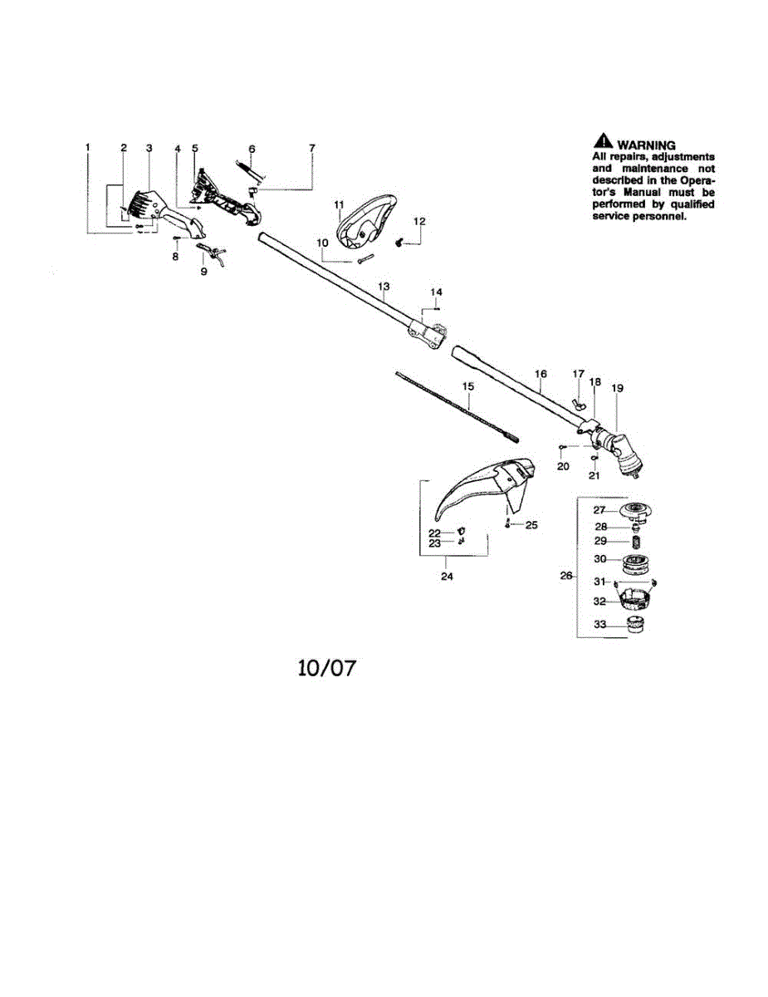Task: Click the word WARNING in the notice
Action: pyautogui.click(x=646, y=145)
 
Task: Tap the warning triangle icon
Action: pyautogui.click(x=603, y=140)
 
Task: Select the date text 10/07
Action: pyautogui.click(x=326, y=668)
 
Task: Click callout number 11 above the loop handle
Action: pyautogui.click(x=339, y=204)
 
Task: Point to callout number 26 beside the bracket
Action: pyautogui.click(x=566, y=575)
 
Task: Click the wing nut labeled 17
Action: pyautogui.click(x=579, y=405)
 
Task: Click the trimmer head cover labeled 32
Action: pyautogui.click(x=636, y=599)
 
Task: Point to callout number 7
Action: pyautogui.click(x=312, y=148)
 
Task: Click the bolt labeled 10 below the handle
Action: pyautogui.click(x=366, y=258)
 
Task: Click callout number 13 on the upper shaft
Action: pyautogui.click(x=384, y=287)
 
